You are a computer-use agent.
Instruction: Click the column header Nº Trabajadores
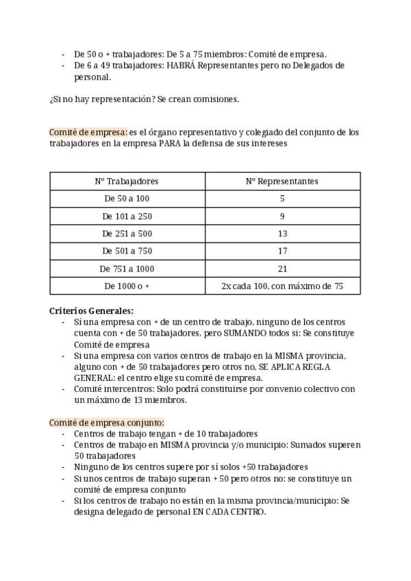(x=127, y=181)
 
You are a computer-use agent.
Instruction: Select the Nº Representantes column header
(x=282, y=181)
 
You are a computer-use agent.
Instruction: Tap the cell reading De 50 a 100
(x=127, y=199)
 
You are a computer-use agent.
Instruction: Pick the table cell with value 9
(x=282, y=217)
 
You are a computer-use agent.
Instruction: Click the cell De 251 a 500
(x=127, y=234)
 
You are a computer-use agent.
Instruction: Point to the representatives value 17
(x=282, y=251)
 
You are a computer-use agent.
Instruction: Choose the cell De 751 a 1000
(x=127, y=269)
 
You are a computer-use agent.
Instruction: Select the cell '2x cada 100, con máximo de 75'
(x=282, y=286)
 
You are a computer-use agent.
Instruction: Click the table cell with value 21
(x=282, y=269)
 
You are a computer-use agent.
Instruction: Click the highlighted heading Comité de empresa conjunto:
(x=107, y=422)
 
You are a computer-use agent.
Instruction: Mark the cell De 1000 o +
(x=127, y=286)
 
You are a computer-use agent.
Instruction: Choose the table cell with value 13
(x=282, y=234)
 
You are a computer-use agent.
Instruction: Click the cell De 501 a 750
(x=127, y=251)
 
